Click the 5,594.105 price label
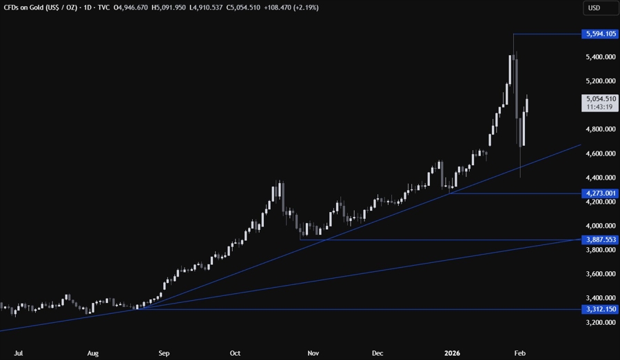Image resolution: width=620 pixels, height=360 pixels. click(x=599, y=33)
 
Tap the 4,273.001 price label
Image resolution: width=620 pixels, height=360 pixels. click(x=599, y=193)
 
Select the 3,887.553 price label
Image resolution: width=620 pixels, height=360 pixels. click(x=599, y=240)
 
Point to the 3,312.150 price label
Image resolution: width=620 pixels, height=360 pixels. click(x=599, y=309)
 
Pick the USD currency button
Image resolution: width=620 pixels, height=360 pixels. click(x=595, y=8)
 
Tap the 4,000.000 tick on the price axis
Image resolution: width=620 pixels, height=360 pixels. click(x=599, y=226)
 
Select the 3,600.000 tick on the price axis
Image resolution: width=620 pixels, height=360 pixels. click(x=599, y=274)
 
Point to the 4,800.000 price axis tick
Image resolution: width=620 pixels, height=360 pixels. click(x=599, y=129)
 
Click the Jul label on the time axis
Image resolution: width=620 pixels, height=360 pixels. click(x=19, y=353)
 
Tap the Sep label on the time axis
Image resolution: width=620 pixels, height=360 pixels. click(x=164, y=353)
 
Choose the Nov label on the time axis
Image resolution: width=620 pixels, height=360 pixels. click(x=313, y=353)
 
